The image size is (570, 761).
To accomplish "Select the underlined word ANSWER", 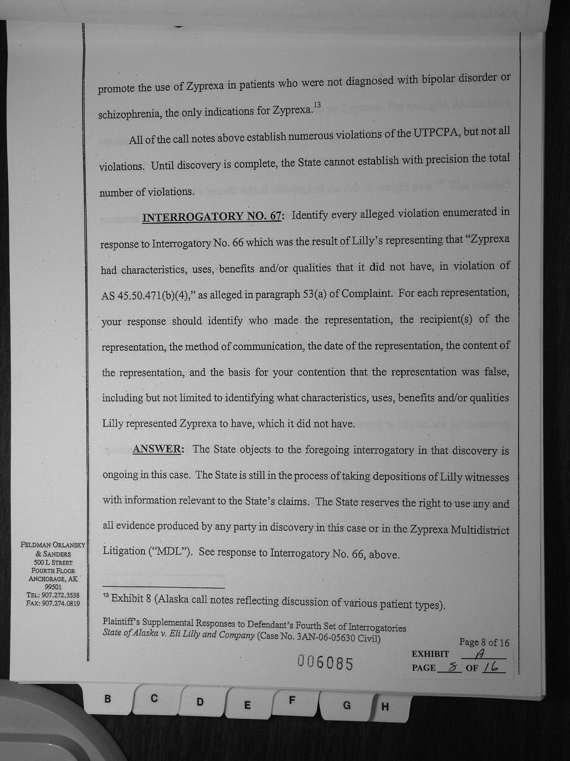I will [x=156, y=449].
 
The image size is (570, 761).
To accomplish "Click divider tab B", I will [x=107, y=699].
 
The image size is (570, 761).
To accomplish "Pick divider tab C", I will [x=154, y=698].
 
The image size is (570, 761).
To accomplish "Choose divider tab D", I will [x=200, y=702].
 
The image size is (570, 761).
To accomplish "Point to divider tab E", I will [x=247, y=704].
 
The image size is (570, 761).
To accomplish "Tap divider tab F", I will [x=292, y=700].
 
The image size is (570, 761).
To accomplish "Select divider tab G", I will [x=347, y=705].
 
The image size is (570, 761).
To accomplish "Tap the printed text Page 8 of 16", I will [x=484, y=642].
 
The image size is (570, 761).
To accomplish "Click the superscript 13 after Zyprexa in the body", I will [x=317, y=105].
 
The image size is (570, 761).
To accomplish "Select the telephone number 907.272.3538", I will [x=61, y=595].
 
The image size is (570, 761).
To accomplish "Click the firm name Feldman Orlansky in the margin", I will [x=53, y=545].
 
